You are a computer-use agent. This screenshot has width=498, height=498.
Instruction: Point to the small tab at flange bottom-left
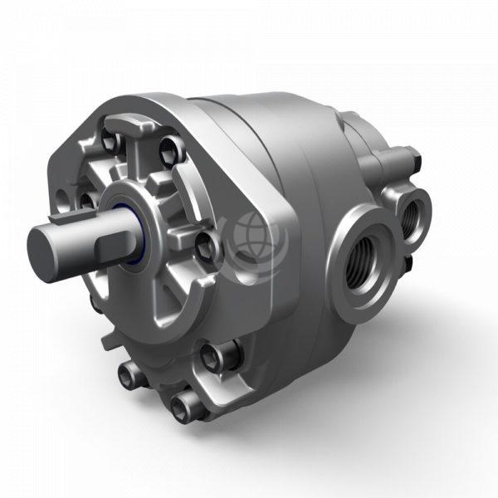[109, 341]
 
